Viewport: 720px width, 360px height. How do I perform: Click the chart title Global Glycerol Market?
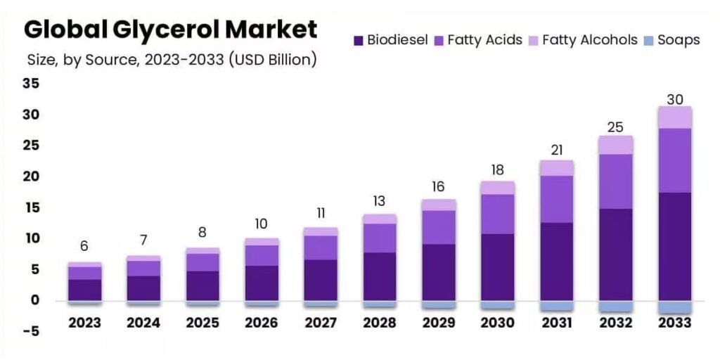(x=170, y=30)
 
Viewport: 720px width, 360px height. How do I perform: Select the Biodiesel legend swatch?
(x=358, y=40)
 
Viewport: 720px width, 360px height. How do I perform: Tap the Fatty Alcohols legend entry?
(x=589, y=40)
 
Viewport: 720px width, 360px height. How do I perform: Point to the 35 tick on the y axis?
(x=31, y=84)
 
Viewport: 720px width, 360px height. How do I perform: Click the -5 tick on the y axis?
(x=31, y=332)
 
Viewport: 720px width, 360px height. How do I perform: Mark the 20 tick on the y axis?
(x=31, y=176)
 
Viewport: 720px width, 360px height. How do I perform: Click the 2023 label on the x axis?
(x=84, y=323)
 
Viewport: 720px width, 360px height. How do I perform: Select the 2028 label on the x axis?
(x=379, y=323)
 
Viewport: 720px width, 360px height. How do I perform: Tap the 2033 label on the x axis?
(x=674, y=323)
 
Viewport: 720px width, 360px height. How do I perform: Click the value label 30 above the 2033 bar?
(x=674, y=99)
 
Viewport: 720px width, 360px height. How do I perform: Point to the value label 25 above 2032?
(x=615, y=127)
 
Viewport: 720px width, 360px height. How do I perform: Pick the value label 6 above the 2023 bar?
(x=84, y=246)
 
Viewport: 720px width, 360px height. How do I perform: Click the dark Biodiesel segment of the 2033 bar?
(x=674, y=246)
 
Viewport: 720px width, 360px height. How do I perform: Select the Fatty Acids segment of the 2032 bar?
(x=615, y=181)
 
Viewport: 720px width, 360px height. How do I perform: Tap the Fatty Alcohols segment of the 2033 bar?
(x=674, y=117)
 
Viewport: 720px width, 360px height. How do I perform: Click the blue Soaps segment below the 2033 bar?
(x=674, y=307)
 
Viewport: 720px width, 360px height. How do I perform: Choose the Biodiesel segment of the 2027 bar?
(x=321, y=280)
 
